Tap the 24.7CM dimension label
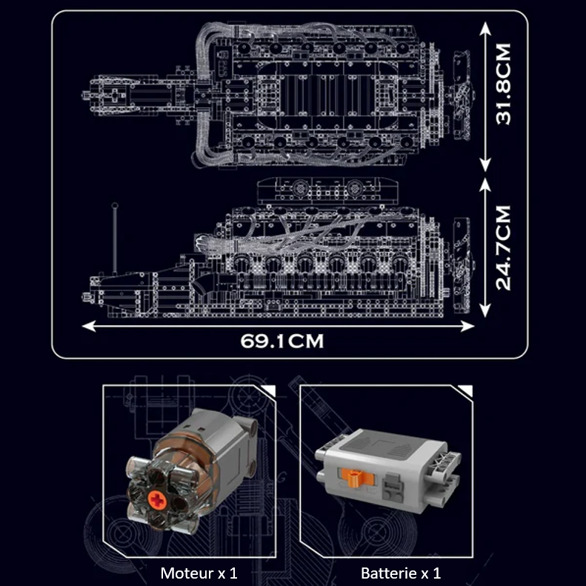click(505, 247)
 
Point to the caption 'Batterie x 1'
click(400, 573)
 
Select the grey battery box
click(383, 467)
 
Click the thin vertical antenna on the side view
click(116, 237)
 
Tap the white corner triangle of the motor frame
click(264, 390)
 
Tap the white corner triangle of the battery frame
click(465, 390)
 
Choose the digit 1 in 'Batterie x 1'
click(437, 573)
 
